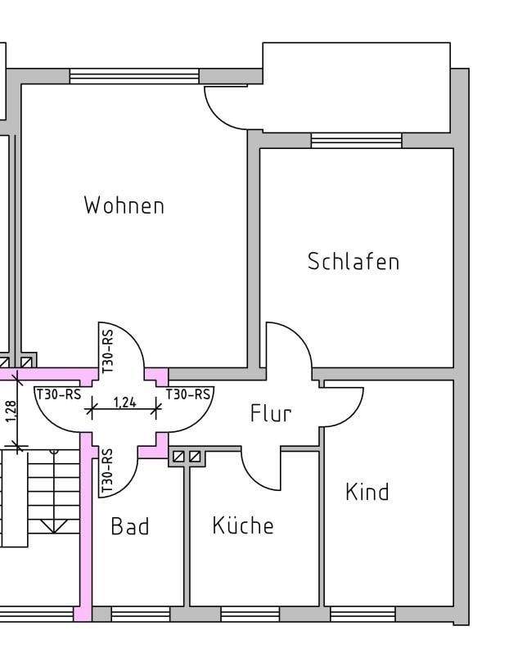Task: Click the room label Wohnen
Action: pos(124,205)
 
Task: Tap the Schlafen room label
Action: pos(354,262)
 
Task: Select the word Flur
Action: pos(270,414)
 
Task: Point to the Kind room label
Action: pos(367,493)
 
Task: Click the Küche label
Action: pos(243,525)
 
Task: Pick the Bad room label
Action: pos(130,526)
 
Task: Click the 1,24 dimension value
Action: pos(124,402)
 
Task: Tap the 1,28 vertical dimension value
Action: pos(11,411)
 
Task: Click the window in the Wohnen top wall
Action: pos(134,76)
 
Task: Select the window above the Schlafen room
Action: pos(357,141)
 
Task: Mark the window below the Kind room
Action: pos(363,614)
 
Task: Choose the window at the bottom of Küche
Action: pos(250,614)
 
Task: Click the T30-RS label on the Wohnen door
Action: pos(107,350)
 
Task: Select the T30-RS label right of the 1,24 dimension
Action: pos(188,394)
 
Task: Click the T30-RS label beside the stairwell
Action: pos(59,394)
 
